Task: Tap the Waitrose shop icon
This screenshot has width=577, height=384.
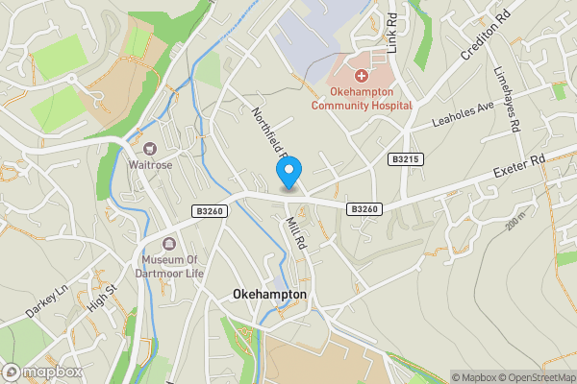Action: (150, 149)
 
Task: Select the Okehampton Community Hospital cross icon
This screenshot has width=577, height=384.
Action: (362, 75)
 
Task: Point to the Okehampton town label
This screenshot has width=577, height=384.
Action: (269, 295)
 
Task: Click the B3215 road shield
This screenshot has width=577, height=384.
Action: (405, 159)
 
